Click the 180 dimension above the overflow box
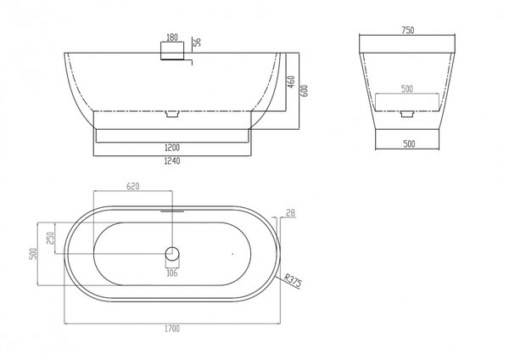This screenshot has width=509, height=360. click(172, 37)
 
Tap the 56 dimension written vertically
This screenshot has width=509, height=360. click(197, 42)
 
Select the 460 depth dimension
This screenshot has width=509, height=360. click(292, 82)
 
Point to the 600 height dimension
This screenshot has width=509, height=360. click(305, 91)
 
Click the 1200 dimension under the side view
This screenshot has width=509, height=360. click(172, 148)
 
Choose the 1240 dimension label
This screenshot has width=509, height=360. click(172, 160)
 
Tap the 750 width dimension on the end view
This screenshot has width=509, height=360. click(408, 31)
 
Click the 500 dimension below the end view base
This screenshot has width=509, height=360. click(409, 144)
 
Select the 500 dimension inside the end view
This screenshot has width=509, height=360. click(407, 89)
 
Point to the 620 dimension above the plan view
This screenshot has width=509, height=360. click(133, 186)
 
